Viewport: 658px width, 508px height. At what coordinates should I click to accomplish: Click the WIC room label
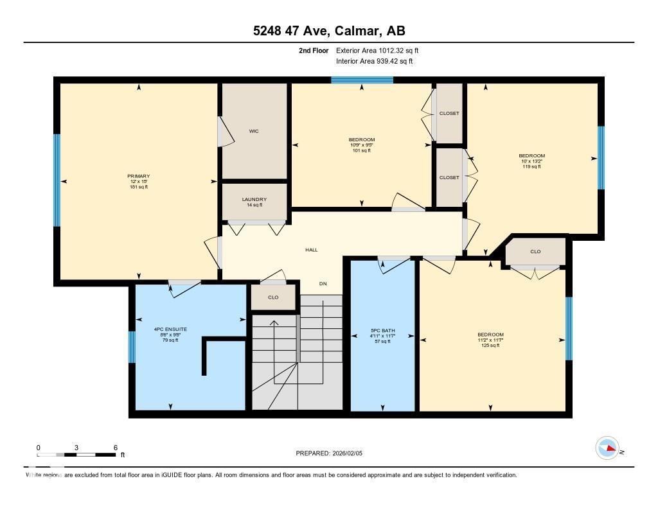tap(254, 131)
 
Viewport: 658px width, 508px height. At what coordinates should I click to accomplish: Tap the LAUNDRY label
tap(254, 200)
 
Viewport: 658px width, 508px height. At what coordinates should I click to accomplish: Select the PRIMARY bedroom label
tap(138, 176)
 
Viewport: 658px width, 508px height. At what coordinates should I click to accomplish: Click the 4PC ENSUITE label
tap(170, 329)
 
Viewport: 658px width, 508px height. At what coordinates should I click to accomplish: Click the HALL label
tap(311, 250)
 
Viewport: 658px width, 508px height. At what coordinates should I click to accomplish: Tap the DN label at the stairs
tap(323, 283)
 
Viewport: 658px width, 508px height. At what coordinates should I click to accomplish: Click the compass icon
tap(607, 448)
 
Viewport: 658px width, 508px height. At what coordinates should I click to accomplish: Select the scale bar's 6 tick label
tap(116, 448)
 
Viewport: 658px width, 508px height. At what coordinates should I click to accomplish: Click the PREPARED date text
tap(333, 453)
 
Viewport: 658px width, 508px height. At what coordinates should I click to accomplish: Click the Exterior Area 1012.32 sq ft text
tap(377, 50)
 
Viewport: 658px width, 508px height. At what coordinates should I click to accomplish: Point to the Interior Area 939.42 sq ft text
tap(374, 62)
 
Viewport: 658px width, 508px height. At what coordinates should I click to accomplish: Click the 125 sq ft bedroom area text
tap(490, 346)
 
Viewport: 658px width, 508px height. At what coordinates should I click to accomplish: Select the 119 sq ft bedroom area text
tap(531, 166)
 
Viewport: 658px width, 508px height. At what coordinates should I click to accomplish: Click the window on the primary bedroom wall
tap(57, 180)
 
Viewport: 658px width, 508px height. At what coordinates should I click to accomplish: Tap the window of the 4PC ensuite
tap(132, 347)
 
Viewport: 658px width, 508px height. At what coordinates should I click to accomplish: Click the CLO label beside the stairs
tap(273, 297)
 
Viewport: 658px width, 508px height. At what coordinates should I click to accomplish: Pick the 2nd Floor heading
tap(314, 50)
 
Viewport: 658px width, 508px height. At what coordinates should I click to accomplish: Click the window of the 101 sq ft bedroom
tap(362, 80)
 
